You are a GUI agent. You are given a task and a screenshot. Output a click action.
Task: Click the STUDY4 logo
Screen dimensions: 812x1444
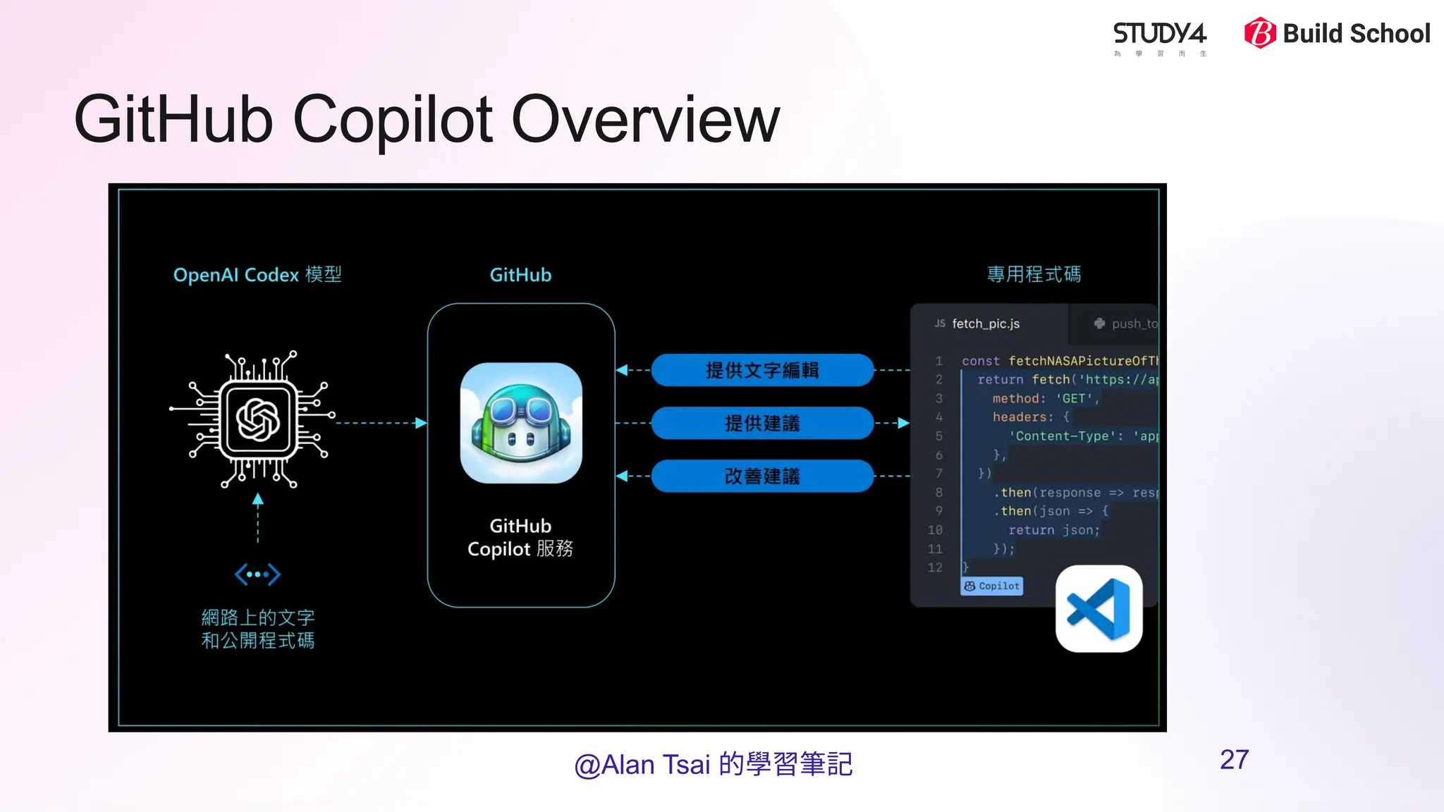click(1159, 37)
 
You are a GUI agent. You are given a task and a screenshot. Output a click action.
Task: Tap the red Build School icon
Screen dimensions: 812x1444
click(1260, 33)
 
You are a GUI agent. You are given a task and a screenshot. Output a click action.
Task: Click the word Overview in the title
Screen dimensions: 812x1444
click(645, 120)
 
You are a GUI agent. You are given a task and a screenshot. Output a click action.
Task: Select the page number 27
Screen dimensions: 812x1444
click(1234, 760)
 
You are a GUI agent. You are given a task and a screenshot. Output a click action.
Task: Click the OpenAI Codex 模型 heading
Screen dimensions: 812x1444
click(257, 275)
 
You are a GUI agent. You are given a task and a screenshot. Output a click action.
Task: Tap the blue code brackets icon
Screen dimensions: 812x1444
click(257, 574)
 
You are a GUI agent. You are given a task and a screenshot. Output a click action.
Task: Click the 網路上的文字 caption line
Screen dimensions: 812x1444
click(257, 617)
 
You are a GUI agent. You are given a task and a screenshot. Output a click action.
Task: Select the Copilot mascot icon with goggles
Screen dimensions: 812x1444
click(521, 423)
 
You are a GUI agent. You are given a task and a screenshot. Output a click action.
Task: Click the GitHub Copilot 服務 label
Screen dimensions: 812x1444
click(520, 538)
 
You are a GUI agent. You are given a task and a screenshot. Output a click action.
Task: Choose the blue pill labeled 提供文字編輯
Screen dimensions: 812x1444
click(762, 370)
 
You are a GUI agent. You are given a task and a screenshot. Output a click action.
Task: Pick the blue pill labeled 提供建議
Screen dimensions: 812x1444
click(762, 423)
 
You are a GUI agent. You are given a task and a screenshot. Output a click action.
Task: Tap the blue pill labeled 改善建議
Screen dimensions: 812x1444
click(762, 476)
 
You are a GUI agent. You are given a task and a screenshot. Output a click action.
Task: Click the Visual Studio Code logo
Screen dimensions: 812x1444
click(1099, 609)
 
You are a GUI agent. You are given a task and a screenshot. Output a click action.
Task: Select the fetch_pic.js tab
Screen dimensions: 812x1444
click(985, 324)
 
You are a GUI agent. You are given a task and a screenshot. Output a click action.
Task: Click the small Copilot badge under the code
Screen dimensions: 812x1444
click(991, 586)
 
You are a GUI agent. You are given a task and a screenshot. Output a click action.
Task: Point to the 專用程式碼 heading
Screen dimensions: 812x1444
click(1034, 274)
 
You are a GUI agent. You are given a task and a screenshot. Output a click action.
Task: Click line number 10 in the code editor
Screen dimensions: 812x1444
click(935, 530)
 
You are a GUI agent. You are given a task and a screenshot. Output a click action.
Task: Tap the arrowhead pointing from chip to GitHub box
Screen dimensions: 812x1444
click(421, 423)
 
